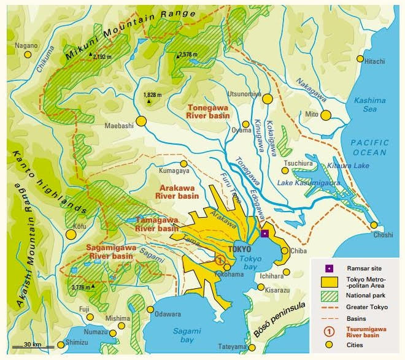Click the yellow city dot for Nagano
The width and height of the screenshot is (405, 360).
coord(28,55)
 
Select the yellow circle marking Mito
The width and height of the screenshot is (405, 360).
coord(326,115)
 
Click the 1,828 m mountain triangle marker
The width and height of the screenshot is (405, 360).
coord(147,102)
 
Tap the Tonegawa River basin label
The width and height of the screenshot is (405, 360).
coord(209,110)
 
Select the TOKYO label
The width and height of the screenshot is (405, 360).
coord(240,250)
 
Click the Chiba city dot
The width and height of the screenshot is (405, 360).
coord(285,250)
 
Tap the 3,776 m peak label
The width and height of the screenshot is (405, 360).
coord(82,286)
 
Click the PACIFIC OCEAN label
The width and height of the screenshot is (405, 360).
coord(369,147)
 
